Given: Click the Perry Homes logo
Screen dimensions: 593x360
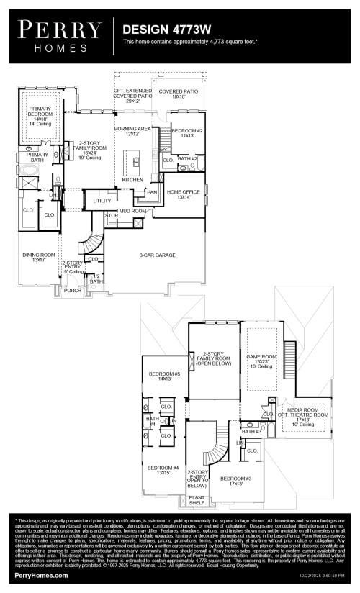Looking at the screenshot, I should click(60, 35).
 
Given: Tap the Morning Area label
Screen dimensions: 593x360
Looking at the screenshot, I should click(133, 131).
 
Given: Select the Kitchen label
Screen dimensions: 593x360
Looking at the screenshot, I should click(132, 179).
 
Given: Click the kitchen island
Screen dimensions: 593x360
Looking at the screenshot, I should click(132, 162).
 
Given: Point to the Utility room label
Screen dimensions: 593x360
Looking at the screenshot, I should click(102, 201).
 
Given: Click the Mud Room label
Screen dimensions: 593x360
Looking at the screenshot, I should click(133, 211).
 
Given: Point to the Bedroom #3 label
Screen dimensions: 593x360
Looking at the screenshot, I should click(235, 481).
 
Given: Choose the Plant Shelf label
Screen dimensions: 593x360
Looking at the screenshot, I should click(197, 499).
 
